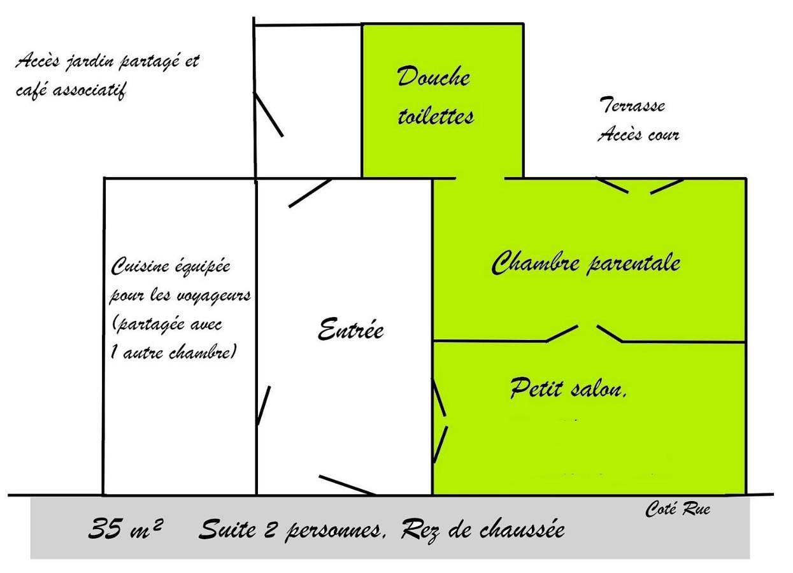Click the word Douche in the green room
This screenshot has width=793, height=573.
434,78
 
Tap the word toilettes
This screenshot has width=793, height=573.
436,117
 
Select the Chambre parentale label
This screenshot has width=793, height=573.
586,262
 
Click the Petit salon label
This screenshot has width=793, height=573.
568,388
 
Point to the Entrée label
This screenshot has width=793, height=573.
350,330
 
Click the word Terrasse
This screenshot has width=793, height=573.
632,105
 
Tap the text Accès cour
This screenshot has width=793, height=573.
638,135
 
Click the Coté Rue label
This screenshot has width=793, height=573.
678,509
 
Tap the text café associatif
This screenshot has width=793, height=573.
71,90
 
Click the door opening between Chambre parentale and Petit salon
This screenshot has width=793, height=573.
587,331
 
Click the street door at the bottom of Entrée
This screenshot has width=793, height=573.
347,485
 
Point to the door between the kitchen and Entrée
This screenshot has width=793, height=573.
263,405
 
